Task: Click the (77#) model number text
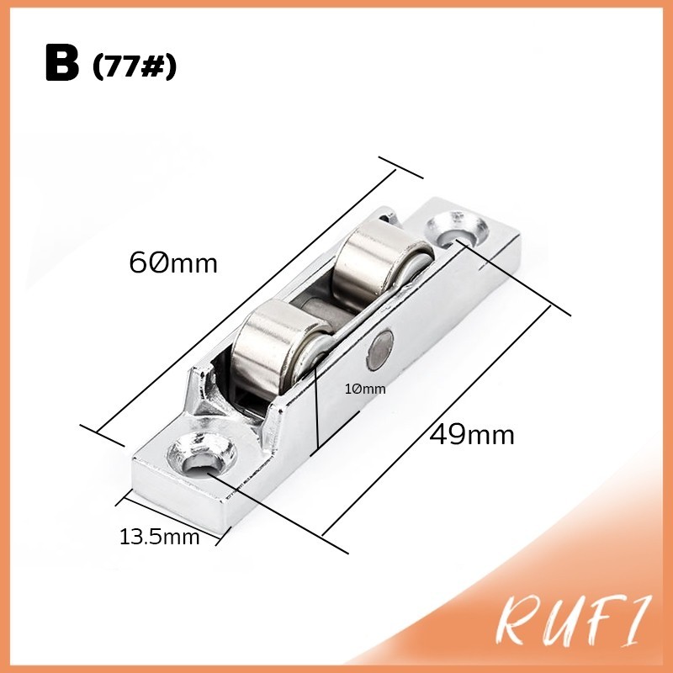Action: pos(135,67)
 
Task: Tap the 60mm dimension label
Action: pos(173,262)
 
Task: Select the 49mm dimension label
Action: pos(472,434)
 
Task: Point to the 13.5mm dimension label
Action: pos(159,537)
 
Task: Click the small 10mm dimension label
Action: pos(365,389)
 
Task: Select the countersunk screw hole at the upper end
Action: pos(457,230)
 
